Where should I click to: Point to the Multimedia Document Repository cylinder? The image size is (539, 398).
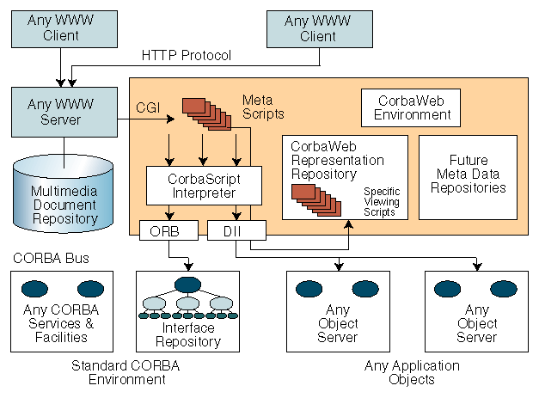tap(64, 203)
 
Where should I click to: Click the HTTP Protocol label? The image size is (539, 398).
tap(186, 57)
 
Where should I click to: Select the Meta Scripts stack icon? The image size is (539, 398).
tap(205, 115)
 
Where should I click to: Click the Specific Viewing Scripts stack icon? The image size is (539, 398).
tap(315, 195)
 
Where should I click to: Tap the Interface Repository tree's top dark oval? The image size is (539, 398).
tap(187, 285)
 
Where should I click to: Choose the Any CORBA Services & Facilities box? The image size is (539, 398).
tap(61, 309)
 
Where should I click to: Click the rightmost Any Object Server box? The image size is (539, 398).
tap(475, 309)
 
